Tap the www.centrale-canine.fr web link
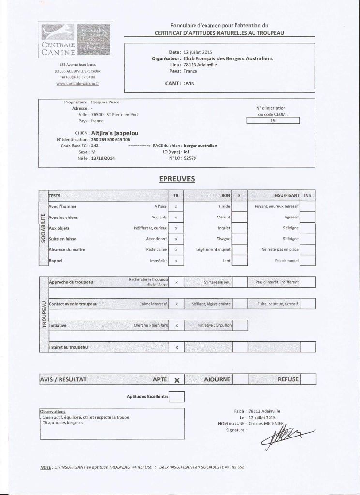(77, 83)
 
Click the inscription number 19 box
(273, 121)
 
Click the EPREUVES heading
(177, 179)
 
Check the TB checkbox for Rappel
(176, 261)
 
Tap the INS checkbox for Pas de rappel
(308, 261)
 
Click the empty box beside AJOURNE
(240, 379)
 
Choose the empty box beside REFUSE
(308, 379)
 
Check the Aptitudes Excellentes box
(177, 396)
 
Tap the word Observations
(53, 411)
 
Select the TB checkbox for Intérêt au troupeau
(176, 347)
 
